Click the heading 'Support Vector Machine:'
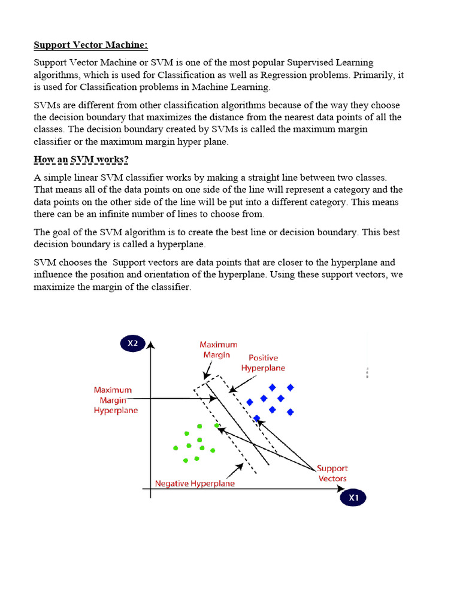click(x=90, y=45)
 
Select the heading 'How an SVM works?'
click(x=81, y=159)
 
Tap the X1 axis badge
click(x=353, y=497)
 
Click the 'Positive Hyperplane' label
click(x=263, y=363)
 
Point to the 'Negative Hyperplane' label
click(x=195, y=483)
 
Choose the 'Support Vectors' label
click(x=332, y=474)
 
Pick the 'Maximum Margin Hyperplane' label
click(x=115, y=400)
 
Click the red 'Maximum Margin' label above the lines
click(x=218, y=350)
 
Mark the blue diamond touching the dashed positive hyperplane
click(x=257, y=418)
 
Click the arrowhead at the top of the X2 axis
click(x=152, y=345)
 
